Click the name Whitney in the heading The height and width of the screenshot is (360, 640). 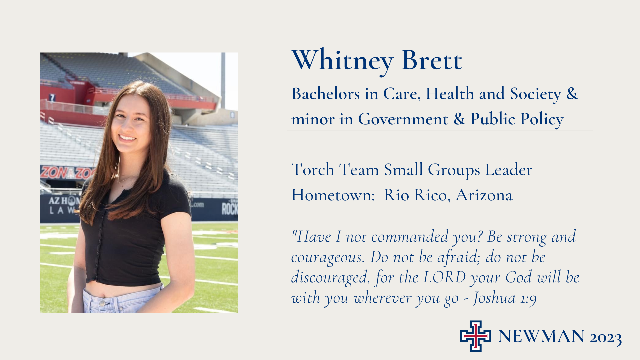pyautogui.click(x=343, y=61)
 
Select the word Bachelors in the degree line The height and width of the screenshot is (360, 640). pyautogui.click(x=326, y=93)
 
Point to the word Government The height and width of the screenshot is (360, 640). pyautogui.click(x=403, y=119)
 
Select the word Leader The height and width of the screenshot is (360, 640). pyautogui.click(x=508, y=169)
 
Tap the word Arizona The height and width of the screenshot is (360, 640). pyautogui.click(x=484, y=195)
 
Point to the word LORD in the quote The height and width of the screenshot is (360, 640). pyautogui.click(x=444, y=277)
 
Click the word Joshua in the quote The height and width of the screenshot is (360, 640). pyautogui.click(x=494, y=298)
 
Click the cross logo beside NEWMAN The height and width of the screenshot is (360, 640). pyautogui.click(x=476, y=336)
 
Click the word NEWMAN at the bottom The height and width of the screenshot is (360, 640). pyautogui.click(x=541, y=336)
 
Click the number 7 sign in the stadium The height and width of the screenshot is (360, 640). pyautogui.click(x=52, y=98)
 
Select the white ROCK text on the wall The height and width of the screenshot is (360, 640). pyautogui.click(x=230, y=208)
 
